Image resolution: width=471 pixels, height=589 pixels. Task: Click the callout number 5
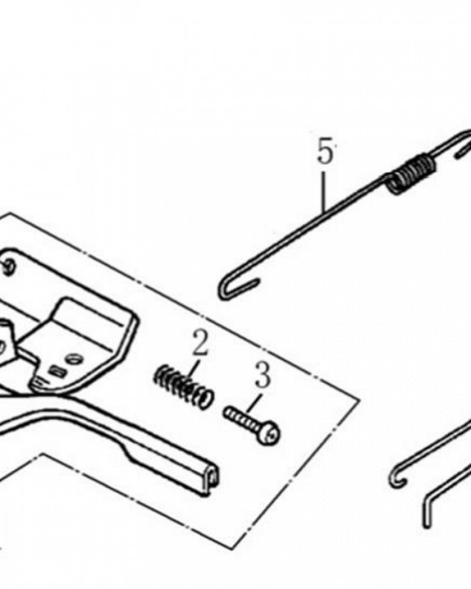[x=325, y=151]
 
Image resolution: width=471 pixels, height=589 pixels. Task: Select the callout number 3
[x=263, y=375]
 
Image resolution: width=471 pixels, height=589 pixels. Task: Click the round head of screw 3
[x=271, y=434]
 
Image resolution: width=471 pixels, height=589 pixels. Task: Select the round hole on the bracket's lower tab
[x=74, y=359]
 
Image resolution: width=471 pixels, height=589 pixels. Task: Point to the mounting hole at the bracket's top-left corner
[x=9, y=266]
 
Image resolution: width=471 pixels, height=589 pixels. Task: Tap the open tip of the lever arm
[x=213, y=478]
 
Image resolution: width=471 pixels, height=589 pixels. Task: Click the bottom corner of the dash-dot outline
[x=231, y=549]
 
